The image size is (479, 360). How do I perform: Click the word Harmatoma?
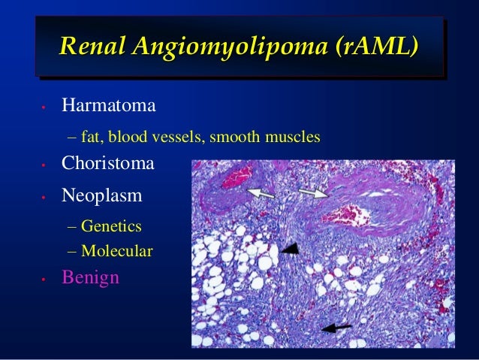(109, 105)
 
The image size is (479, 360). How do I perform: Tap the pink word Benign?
(90, 277)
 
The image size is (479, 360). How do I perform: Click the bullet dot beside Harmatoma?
(45, 108)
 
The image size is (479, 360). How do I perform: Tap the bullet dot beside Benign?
(45, 280)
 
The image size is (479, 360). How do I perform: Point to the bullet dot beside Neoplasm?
(45, 198)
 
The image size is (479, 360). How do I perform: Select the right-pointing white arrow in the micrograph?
(312, 193)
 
